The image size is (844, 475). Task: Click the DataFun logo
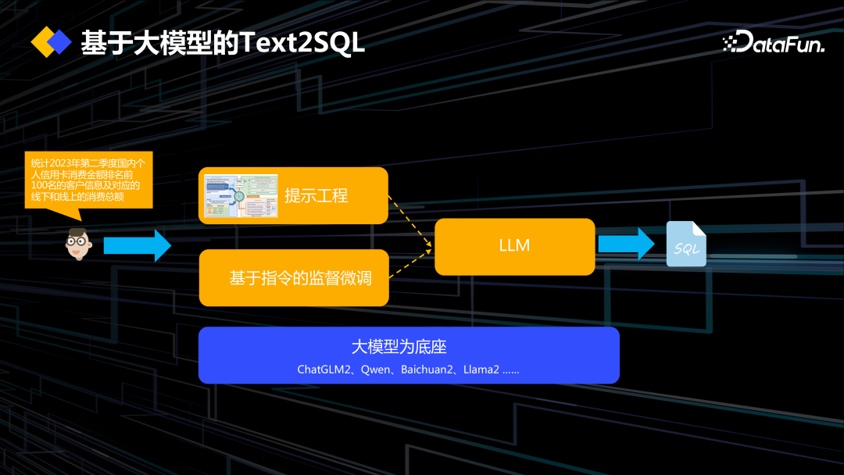[774, 44]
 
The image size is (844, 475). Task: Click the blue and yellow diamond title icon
[51, 42]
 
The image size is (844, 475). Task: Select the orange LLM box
[514, 246]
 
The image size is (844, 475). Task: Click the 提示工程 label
[316, 196]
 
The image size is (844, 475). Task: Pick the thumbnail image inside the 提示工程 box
[241, 196]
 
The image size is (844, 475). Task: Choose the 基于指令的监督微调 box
[294, 278]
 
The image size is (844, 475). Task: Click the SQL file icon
[686, 245]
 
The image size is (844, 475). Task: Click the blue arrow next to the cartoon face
[137, 245]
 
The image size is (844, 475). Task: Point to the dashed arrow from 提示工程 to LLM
[410, 223]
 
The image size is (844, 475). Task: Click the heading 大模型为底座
[399, 347]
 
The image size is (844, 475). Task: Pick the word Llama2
[481, 370]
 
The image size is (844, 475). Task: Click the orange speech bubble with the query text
[88, 180]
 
